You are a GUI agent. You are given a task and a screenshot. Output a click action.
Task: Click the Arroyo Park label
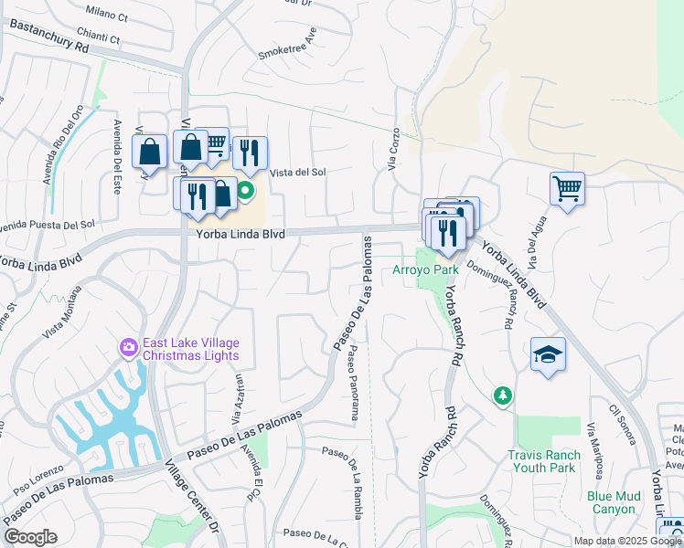425,270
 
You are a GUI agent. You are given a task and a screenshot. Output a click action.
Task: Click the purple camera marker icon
128,347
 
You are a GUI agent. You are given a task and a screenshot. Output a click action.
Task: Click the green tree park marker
502,395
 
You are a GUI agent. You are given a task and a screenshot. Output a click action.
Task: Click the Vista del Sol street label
297,172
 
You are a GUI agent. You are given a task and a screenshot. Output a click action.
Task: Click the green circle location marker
245,192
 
